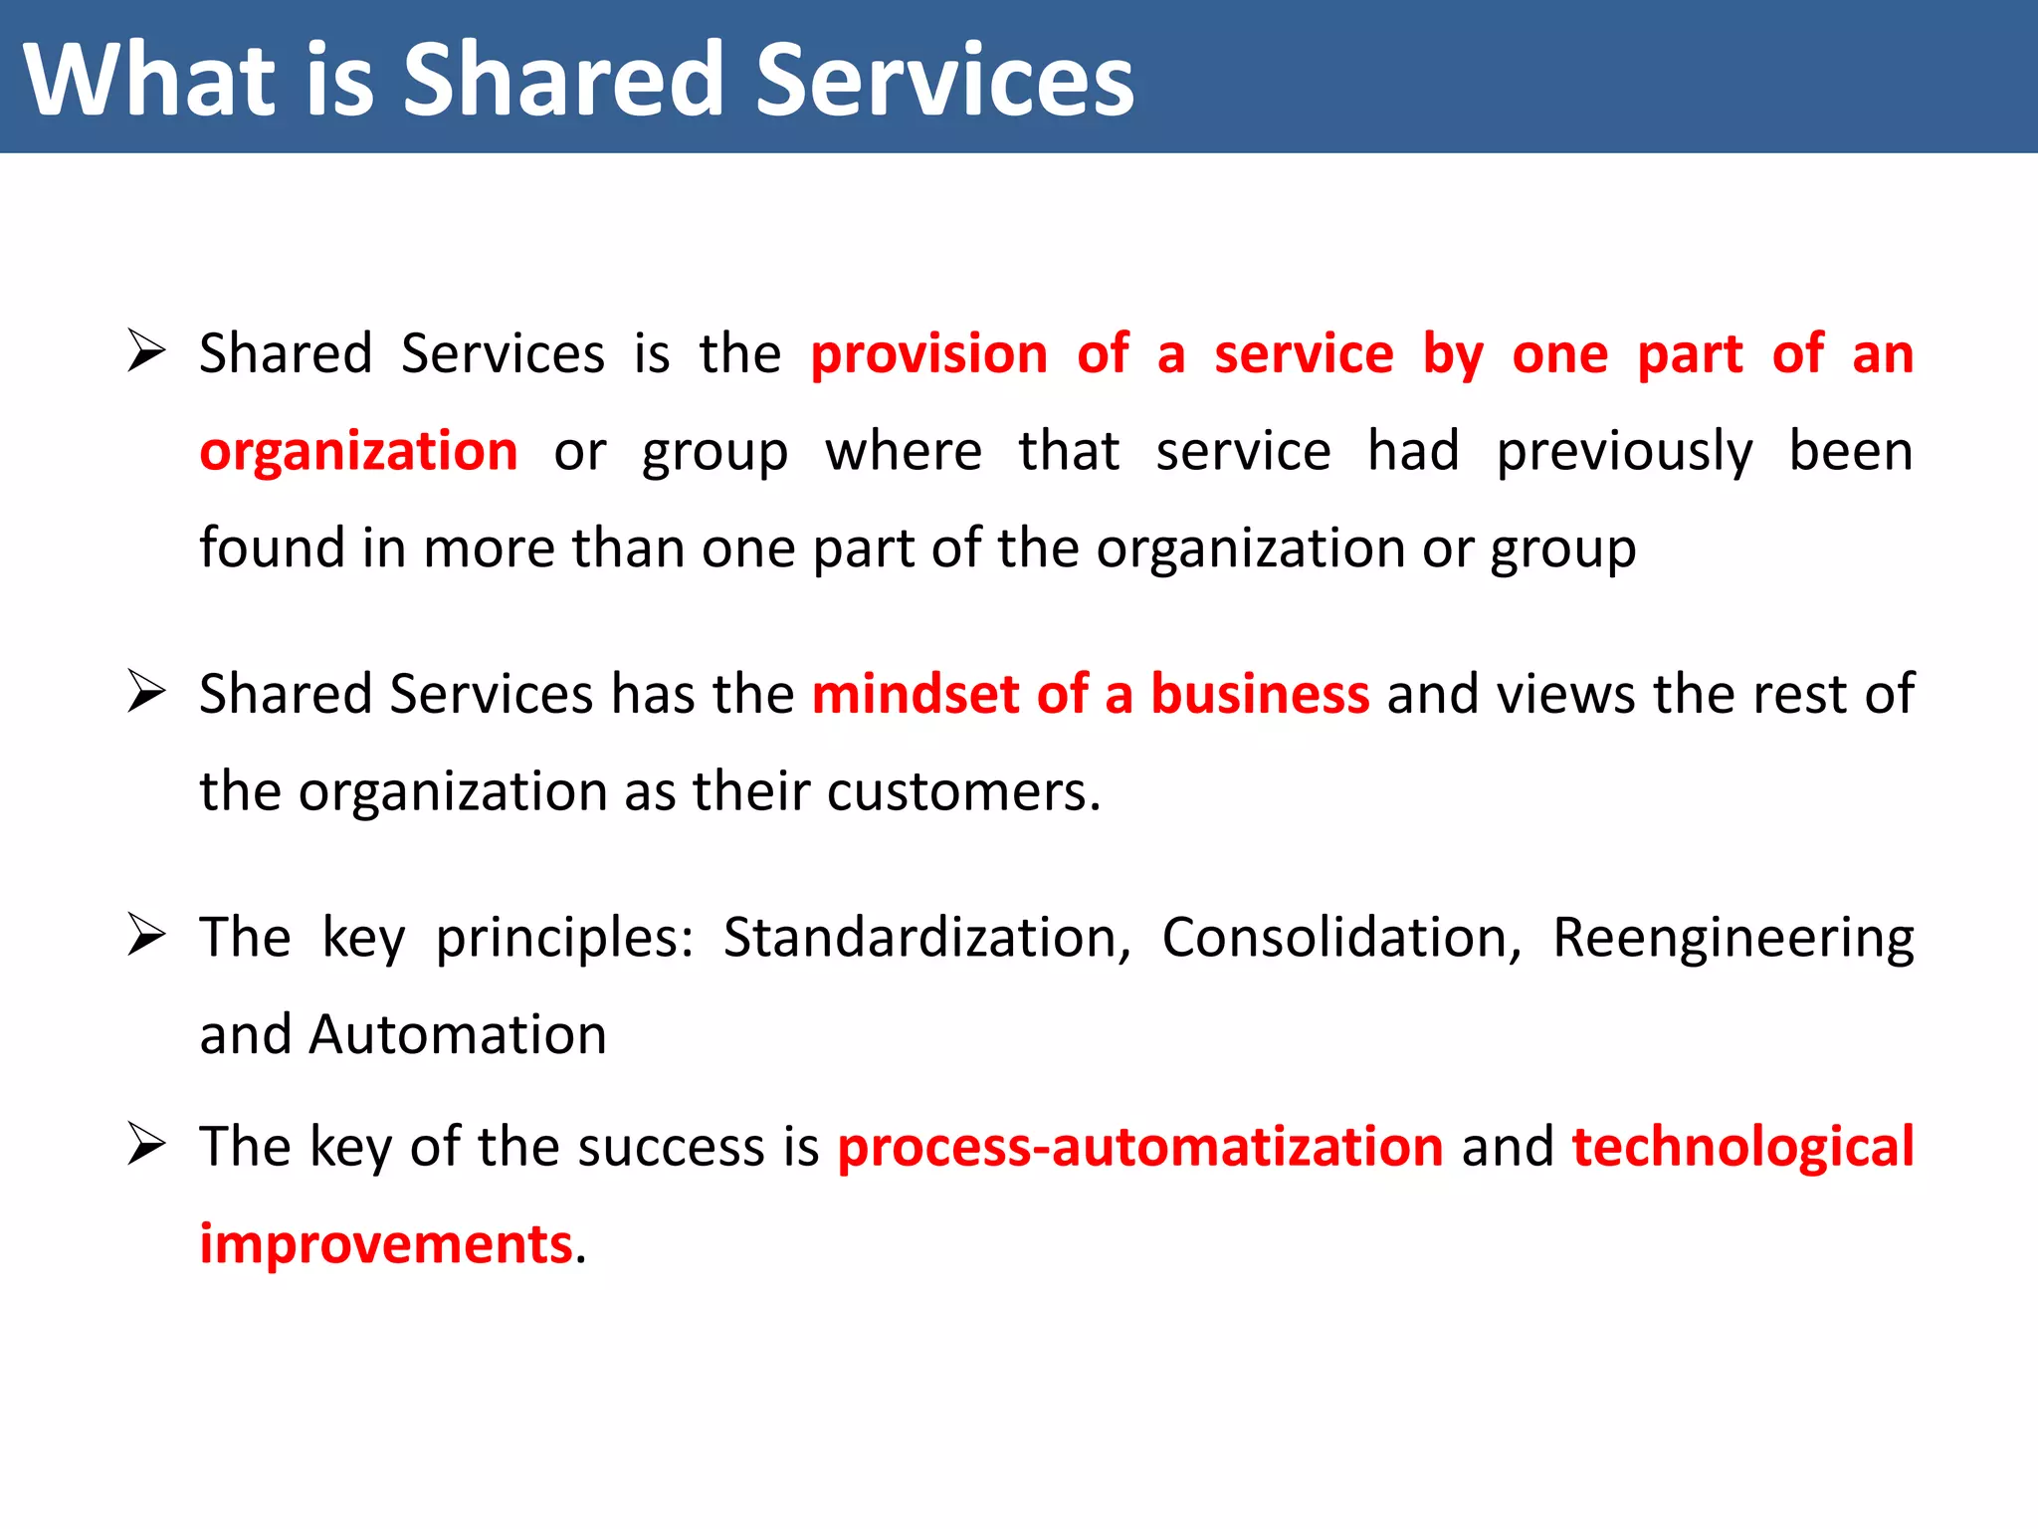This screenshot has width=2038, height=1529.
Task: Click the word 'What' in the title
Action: pos(149,80)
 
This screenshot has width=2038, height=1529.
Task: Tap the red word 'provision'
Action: pos(928,354)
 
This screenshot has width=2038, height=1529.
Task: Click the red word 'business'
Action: pos(1260,694)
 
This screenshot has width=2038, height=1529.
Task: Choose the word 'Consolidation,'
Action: pos(1341,938)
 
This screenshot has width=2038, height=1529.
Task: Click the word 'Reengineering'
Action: pos(1732,938)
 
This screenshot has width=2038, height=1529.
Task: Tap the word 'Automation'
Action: pos(458,1035)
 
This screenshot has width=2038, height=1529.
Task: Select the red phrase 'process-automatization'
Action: pos(1139,1147)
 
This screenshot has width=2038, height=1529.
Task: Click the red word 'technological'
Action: pos(1742,1147)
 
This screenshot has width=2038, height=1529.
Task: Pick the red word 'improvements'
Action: pos(386,1244)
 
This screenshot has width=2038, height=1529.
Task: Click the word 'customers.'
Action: pos(963,792)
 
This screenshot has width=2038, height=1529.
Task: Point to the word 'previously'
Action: pos(1624,452)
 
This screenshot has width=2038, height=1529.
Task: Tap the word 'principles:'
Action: pos(564,938)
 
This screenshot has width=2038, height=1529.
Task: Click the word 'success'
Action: pos(672,1147)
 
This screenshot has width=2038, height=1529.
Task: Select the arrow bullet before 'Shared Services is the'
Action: pos(146,351)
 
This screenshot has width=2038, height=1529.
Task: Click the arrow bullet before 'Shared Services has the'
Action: pos(146,692)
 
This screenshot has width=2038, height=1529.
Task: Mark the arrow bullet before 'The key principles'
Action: pos(146,936)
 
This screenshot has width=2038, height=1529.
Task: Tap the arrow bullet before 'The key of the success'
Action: pos(146,1145)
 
